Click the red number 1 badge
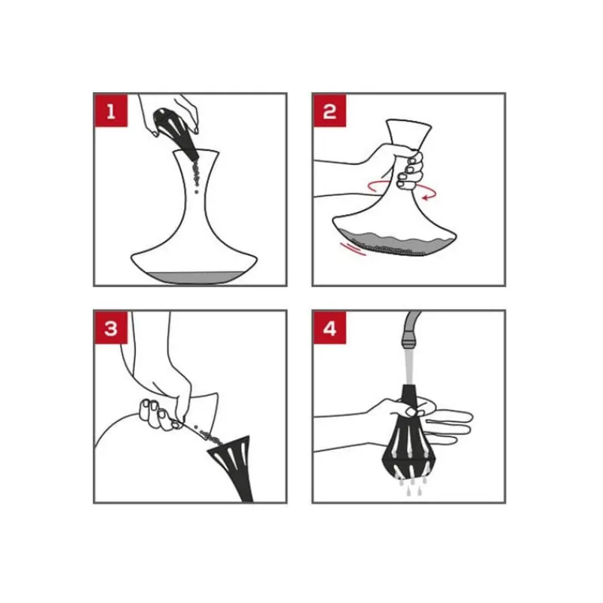click(111, 110)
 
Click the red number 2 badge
click(329, 110)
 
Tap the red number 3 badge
click(111, 328)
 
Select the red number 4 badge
click(329, 328)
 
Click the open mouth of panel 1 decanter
click(196, 152)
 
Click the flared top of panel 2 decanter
click(409, 133)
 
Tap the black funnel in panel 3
click(234, 465)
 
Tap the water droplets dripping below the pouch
click(411, 485)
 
